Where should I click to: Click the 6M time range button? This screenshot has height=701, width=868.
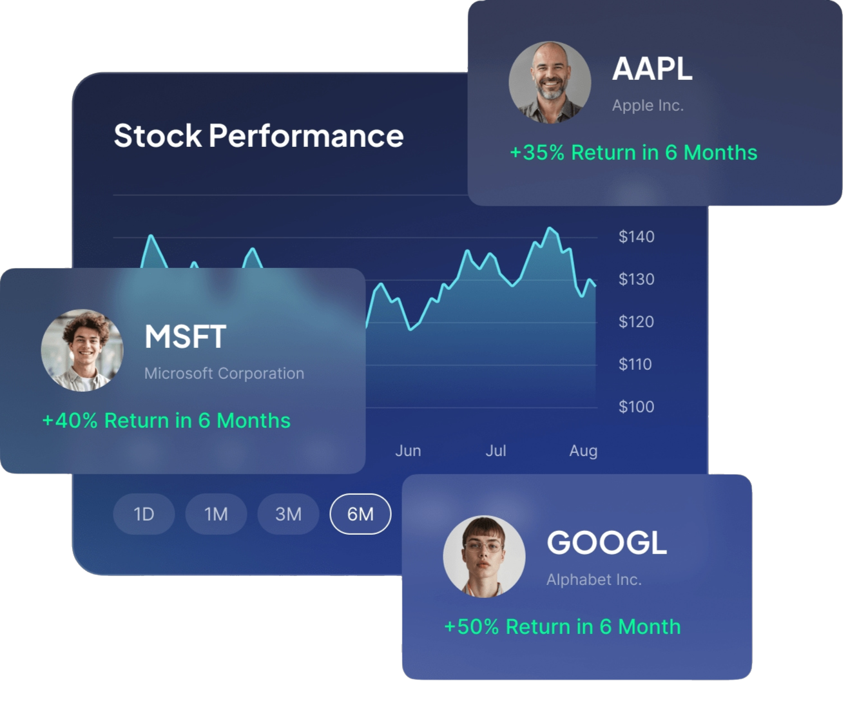(x=360, y=514)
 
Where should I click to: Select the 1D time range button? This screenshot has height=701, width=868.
(x=144, y=514)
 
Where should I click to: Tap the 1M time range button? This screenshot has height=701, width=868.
(x=216, y=514)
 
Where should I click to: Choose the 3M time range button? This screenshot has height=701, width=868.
(x=288, y=514)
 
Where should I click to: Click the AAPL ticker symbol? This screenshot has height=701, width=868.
(x=652, y=68)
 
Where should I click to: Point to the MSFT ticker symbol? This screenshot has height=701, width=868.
(x=186, y=336)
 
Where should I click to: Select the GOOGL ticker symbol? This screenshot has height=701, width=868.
(x=606, y=543)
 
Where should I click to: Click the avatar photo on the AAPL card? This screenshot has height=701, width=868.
(x=550, y=82)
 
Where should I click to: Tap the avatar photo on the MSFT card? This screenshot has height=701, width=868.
(x=82, y=350)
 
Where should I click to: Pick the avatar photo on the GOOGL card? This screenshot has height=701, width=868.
(x=484, y=556)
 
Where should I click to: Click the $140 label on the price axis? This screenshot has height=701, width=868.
(x=636, y=236)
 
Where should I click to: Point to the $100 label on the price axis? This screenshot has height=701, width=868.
(x=636, y=407)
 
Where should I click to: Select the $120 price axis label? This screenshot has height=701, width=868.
(x=636, y=322)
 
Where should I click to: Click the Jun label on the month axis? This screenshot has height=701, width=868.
(x=408, y=450)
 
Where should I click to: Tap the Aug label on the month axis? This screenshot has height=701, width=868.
(x=583, y=450)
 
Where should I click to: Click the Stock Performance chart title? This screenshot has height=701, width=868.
(x=258, y=136)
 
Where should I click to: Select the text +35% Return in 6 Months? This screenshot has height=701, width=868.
(x=633, y=153)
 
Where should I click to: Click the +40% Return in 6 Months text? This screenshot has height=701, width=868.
(x=166, y=421)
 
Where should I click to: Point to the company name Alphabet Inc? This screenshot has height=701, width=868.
(x=593, y=579)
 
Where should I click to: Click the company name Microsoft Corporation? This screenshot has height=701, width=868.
(x=224, y=373)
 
